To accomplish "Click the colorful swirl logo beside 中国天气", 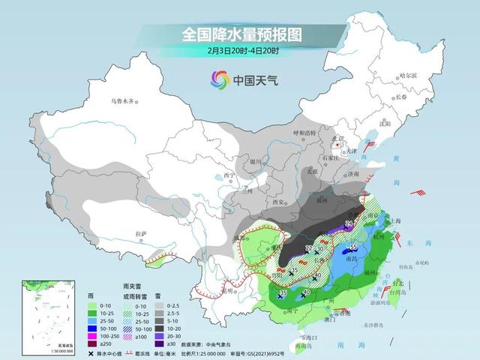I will pos(219,78).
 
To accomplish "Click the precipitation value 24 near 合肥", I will pos(348,223).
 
